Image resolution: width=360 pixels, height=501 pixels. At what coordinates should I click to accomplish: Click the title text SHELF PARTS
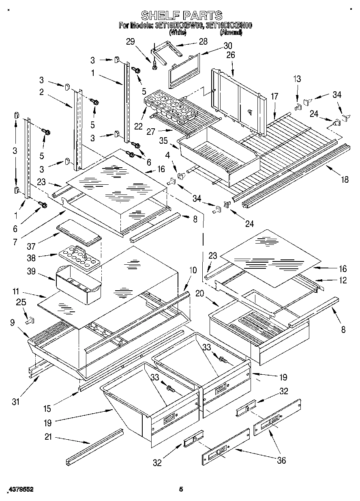pyautogui.click(x=181, y=15)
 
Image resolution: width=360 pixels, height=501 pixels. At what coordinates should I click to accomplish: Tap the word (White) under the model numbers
pyautogui.click(x=178, y=32)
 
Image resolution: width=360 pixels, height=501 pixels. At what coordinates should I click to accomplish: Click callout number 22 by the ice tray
pyautogui.click(x=139, y=126)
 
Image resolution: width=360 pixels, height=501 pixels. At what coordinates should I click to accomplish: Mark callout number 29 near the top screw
pyautogui.click(x=130, y=41)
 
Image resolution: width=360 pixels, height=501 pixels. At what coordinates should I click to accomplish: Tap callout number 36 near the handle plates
pyautogui.click(x=281, y=460)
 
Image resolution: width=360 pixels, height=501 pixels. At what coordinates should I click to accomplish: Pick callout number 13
pyautogui.click(x=297, y=79)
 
